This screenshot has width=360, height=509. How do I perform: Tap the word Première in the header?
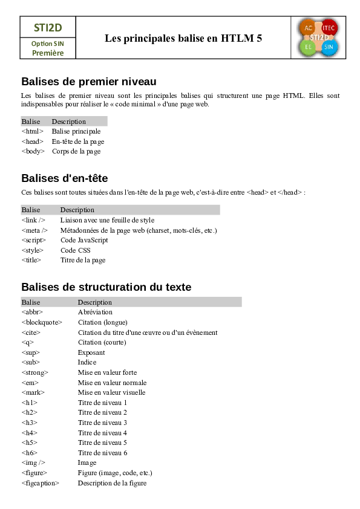(x=47, y=53)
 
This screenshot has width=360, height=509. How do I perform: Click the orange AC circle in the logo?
(x=309, y=28)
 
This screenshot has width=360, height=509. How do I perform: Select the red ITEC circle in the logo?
(x=329, y=28)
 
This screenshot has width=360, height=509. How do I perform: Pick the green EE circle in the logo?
(x=309, y=47)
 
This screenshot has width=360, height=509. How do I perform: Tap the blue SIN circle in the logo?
(x=329, y=47)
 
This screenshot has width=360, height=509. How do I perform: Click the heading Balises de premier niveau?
(x=89, y=82)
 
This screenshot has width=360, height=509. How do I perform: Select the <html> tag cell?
(x=32, y=131)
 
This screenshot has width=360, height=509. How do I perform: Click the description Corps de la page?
(x=76, y=152)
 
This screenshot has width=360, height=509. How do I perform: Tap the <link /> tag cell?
(x=33, y=220)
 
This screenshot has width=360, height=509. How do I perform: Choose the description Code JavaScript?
(x=84, y=240)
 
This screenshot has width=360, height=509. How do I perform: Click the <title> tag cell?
(x=31, y=260)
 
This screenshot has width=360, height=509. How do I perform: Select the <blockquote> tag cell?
(x=42, y=322)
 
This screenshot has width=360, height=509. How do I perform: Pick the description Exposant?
(x=91, y=352)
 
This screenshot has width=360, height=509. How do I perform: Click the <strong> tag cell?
(x=34, y=372)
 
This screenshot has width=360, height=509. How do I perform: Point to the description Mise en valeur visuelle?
(x=111, y=392)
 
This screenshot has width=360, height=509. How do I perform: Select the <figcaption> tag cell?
(x=40, y=483)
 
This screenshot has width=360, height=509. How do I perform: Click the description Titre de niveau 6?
(x=102, y=453)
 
